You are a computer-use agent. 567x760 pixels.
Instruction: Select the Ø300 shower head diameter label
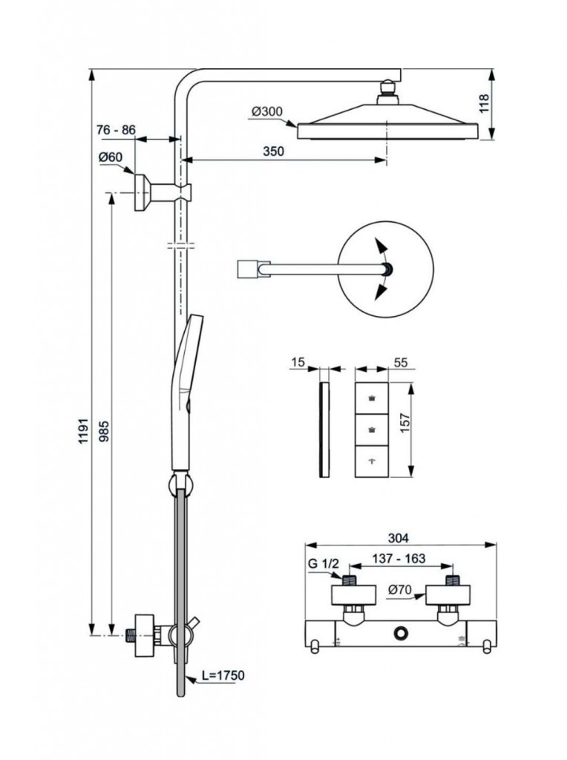(x=266, y=111)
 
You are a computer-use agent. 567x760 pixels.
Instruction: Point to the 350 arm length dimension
(x=274, y=151)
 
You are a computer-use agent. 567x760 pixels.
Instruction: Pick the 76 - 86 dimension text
(x=117, y=130)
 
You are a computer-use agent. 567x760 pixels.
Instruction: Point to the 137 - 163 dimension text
(x=399, y=559)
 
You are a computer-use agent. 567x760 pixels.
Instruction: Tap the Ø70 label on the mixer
(x=399, y=590)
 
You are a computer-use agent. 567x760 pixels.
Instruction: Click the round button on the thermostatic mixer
(x=402, y=633)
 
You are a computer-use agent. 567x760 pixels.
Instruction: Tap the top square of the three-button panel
(x=371, y=399)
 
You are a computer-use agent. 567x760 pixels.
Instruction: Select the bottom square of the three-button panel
(x=371, y=461)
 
